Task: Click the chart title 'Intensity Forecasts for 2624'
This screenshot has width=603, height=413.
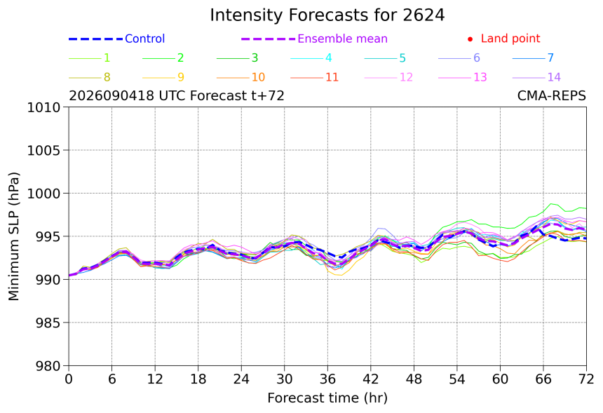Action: (327, 15)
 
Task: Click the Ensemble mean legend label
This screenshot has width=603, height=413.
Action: (342, 39)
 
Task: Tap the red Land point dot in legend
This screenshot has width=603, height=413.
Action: (470, 39)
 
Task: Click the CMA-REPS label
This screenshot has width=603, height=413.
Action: (552, 95)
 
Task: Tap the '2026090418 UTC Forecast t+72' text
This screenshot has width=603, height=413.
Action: (177, 95)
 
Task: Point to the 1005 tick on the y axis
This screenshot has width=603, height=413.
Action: (44, 150)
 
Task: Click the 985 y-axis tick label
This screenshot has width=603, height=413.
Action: (48, 323)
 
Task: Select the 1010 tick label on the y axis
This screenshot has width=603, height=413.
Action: (44, 107)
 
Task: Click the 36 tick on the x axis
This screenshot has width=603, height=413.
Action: (327, 379)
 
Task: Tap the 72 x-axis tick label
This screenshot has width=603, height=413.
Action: (586, 379)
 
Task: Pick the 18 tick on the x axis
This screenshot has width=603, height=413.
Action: (198, 379)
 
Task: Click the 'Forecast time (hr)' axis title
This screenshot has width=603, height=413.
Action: (327, 398)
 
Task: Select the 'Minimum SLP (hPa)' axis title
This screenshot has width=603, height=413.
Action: (14, 236)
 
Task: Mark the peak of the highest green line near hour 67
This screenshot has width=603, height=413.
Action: (551, 203)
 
